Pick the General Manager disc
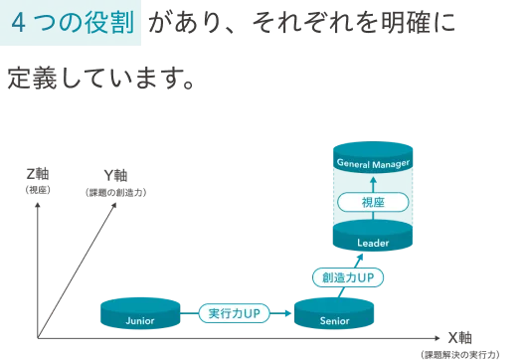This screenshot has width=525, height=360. [x=372, y=162]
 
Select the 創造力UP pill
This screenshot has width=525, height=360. [x=347, y=276]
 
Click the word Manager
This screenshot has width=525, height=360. [x=389, y=162]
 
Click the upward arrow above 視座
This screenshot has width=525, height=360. [x=372, y=183]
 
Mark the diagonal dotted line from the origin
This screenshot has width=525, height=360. [x=80, y=254]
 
